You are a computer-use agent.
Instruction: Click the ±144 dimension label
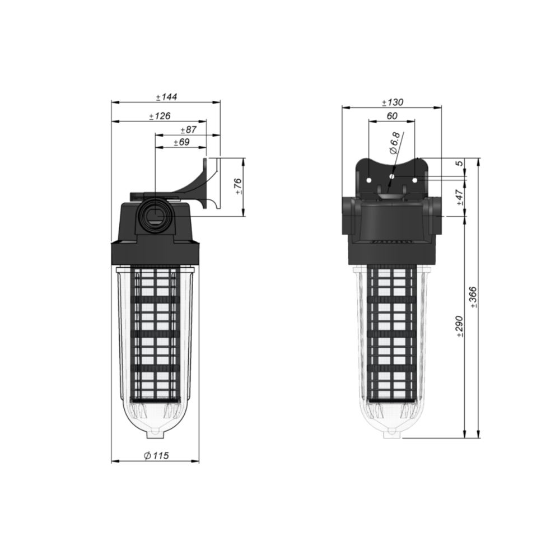166,97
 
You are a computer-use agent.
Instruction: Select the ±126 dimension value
160,116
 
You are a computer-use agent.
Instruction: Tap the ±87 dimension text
189,129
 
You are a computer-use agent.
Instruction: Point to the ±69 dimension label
181,142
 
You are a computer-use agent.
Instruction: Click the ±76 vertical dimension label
238,186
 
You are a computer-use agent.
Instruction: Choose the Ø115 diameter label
156,455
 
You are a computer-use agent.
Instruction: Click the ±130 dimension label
392,102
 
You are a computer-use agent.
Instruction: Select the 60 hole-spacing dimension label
392,116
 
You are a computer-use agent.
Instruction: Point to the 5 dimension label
460,163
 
